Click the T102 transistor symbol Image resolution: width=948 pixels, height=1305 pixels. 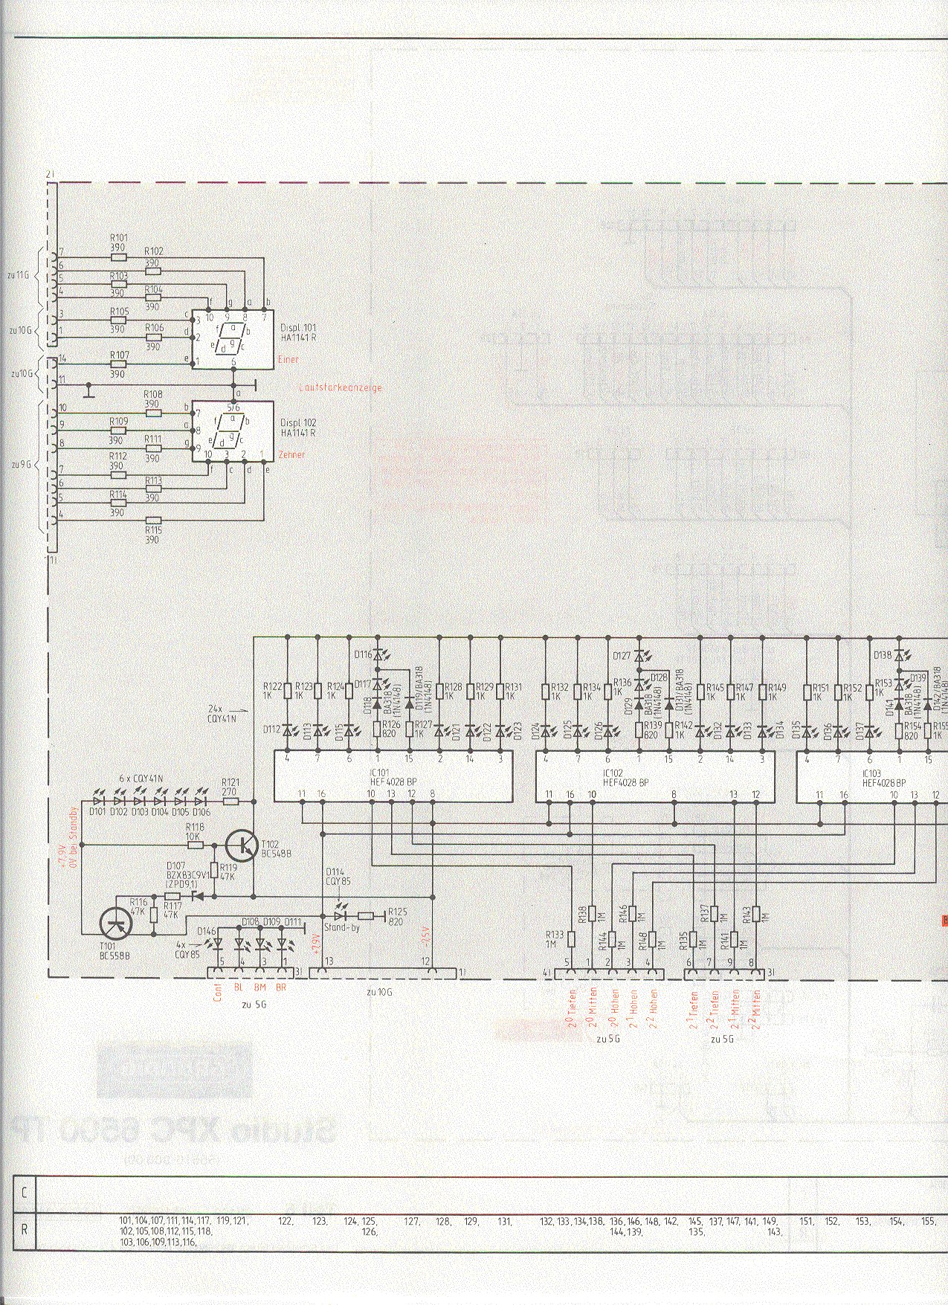pyautogui.click(x=243, y=845)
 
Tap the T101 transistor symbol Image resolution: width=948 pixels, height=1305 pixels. pyautogui.click(x=116, y=924)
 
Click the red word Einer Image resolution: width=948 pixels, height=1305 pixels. pyautogui.click(x=287, y=360)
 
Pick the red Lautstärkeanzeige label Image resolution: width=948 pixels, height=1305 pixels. pyautogui.click(x=339, y=387)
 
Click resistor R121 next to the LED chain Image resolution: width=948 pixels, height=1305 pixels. pyautogui.click(x=230, y=801)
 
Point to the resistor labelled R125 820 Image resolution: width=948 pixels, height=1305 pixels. pyautogui.click(x=366, y=915)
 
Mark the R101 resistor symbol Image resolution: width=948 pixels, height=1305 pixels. pyautogui.click(x=119, y=257)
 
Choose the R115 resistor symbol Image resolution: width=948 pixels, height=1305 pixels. pyautogui.click(x=153, y=520)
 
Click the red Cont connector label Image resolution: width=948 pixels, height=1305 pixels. pyautogui.click(x=217, y=993)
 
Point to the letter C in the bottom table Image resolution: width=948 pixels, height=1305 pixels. pyautogui.click(x=25, y=1193)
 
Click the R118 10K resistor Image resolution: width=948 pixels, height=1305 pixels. pyautogui.click(x=194, y=845)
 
